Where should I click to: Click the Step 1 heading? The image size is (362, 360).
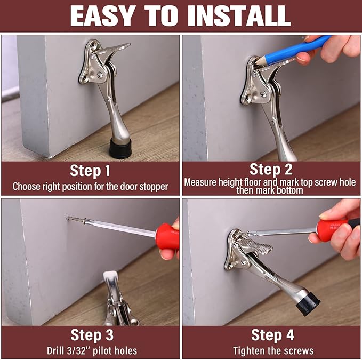90,171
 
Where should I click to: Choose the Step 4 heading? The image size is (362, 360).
272,335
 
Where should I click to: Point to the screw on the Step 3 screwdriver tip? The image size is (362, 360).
75,219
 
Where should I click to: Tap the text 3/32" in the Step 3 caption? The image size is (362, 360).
83,350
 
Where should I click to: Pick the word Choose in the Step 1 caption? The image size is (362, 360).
26,187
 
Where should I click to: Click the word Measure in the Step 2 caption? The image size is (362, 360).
200,182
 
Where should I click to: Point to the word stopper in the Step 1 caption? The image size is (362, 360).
152,187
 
